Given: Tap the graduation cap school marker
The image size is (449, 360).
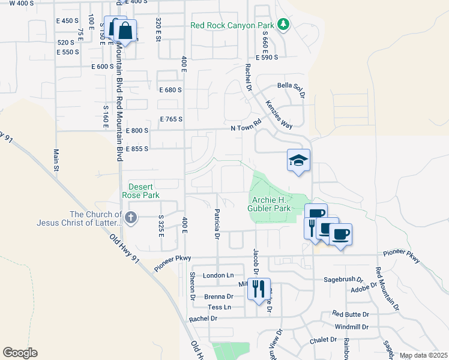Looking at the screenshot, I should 298,160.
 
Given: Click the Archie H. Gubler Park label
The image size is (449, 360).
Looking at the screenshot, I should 270,204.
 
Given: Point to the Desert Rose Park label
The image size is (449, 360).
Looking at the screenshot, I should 140,191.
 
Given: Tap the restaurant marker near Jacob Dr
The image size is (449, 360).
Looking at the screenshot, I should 259,289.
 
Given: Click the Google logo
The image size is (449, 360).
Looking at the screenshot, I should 20,353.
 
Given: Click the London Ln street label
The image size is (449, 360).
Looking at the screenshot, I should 218,275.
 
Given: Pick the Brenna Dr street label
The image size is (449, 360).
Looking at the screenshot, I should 218,296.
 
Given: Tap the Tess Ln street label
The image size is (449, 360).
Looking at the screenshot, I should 219,307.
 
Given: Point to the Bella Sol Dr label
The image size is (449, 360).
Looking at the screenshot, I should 292,86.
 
